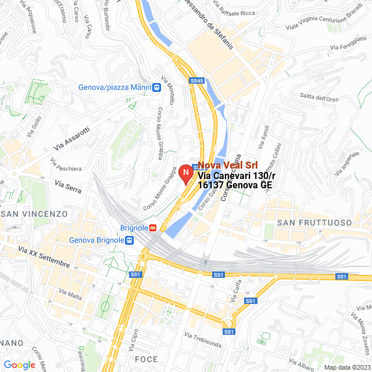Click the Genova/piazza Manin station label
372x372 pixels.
coord(115,87)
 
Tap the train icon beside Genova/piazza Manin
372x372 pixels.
coord(156,87)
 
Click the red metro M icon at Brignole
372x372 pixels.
coord(153,228)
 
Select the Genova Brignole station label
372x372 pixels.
coord(96,239)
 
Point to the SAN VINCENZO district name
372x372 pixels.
coord(34,214)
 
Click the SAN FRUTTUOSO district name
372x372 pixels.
coord(314,223)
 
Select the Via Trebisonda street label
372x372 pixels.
coord(203,339)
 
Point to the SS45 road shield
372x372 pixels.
coord(197,81)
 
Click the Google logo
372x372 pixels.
coord(19,364)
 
